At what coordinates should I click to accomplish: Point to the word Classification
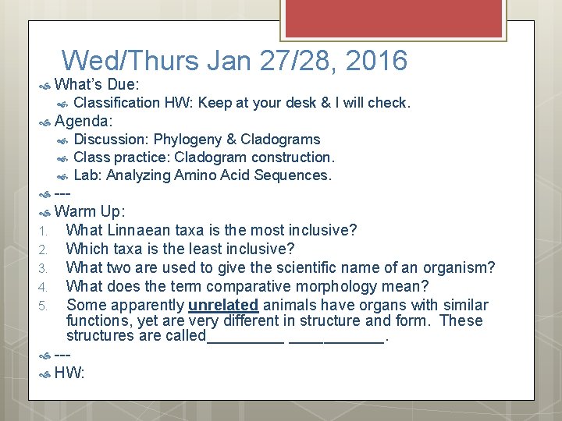click(x=116, y=103)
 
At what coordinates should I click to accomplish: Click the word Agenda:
click(x=84, y=121)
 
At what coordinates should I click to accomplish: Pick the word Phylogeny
click(x=187, y=140)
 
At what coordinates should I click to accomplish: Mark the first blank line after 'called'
click(x=245, y=338)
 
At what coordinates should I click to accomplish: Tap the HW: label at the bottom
click(x=69, y=373)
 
